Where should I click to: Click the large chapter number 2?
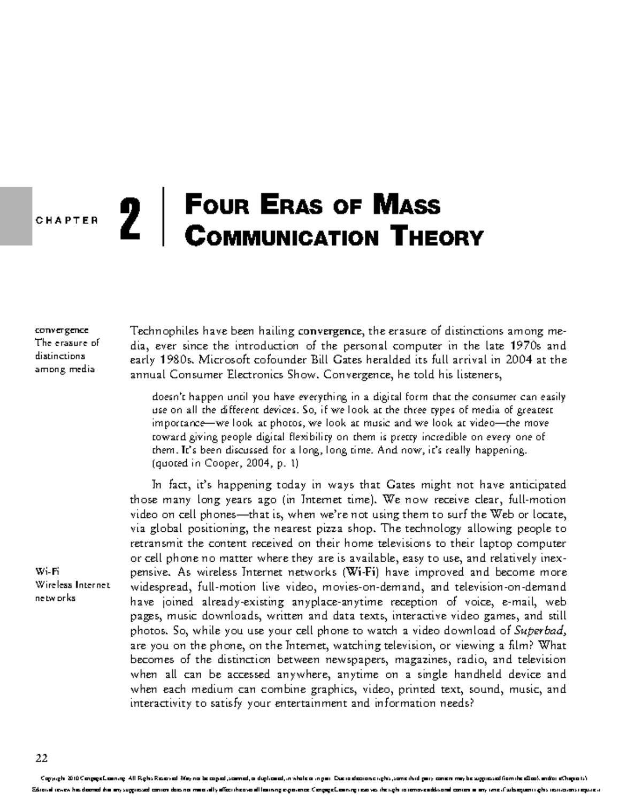(x=130, y=219)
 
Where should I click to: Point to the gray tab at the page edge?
(x=16, y=216)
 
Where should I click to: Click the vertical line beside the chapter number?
(x=162, y=216)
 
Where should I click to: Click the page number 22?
(x=42, y=758)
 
